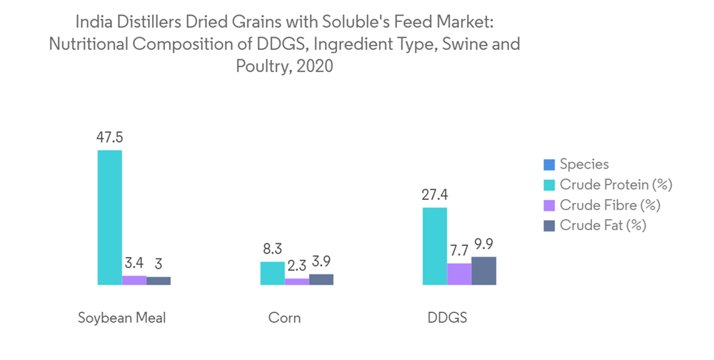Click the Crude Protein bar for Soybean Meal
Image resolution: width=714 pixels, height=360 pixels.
[110, 217]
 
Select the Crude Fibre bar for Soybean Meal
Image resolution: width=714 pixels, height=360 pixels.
[134, 280]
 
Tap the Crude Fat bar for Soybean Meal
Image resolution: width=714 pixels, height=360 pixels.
[159, 281]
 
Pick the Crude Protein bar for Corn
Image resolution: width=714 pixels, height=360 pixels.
[272, 273]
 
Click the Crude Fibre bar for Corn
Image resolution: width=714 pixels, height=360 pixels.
[296, 281]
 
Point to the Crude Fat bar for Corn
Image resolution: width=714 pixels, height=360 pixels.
[321, 279]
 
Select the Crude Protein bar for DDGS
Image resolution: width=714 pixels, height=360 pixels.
[435, 246]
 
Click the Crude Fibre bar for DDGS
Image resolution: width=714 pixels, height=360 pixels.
[459, 274]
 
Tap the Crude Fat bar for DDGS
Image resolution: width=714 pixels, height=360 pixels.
[483, 271]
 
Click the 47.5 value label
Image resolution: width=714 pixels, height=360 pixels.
[110, 137]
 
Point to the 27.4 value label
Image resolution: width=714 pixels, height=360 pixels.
[435, 194]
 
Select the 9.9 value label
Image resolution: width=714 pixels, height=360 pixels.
[483, 244]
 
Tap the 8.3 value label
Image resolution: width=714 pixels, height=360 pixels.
[272, 249]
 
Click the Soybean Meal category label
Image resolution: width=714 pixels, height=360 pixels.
[121, 318]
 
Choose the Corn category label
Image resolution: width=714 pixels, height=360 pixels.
[284, 318]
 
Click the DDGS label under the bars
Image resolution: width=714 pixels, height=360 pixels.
[447, 318]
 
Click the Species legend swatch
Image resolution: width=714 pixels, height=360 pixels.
[549, 165]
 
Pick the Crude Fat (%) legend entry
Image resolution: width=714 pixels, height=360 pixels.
[603, 225]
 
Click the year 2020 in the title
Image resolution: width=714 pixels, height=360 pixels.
[315, 67]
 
